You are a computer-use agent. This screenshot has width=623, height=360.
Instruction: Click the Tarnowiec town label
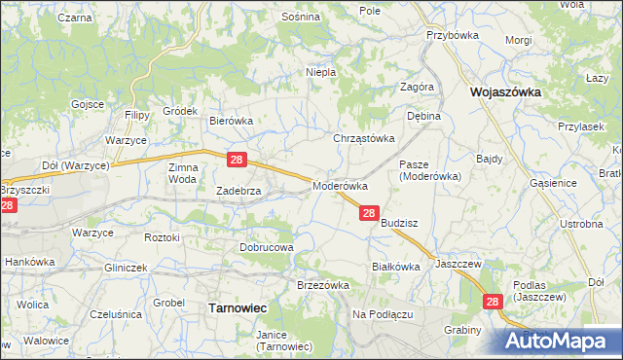238,307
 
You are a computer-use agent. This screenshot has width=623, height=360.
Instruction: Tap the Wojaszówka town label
506,92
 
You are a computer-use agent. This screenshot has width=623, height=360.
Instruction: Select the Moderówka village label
339,185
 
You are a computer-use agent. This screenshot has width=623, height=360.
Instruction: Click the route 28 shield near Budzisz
369,213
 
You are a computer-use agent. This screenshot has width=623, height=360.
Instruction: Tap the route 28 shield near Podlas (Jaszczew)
493,304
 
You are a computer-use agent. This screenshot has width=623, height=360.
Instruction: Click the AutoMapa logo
561,342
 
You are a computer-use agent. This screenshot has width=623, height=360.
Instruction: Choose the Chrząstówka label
365,138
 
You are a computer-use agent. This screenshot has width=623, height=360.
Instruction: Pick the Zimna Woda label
183,172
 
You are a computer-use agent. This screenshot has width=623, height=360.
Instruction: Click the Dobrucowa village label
267,247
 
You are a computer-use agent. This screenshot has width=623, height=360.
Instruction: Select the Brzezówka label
322,284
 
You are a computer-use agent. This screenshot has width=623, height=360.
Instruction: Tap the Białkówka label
395,266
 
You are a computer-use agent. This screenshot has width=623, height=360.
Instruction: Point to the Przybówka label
448,34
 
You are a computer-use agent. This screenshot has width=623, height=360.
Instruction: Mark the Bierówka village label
232,121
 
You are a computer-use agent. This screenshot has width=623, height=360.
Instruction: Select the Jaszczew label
459,264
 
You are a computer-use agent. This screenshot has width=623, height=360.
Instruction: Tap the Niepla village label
321,72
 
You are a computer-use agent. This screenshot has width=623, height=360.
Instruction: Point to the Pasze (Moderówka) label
429,170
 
